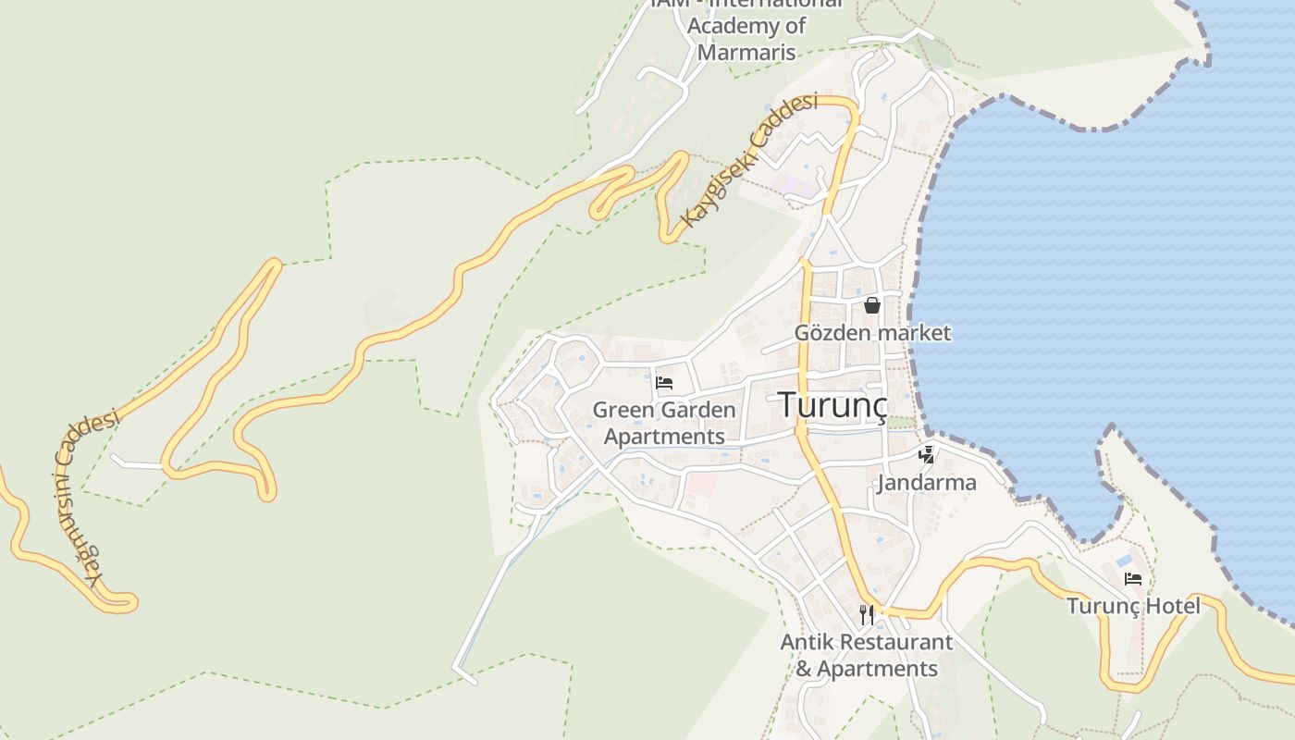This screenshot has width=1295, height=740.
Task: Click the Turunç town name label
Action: (x=832, y=404)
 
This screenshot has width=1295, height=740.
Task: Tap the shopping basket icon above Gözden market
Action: (x=871, y=304)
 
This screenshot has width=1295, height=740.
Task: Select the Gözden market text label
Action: (x=872, y=332)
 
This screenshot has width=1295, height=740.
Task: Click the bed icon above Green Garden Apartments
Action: (x=663, y=382)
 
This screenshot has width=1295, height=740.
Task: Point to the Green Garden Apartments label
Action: (x=664, y=423)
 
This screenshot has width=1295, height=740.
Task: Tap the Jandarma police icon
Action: (x=926, y=454)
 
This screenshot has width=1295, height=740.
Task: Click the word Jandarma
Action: (x=927, y=482)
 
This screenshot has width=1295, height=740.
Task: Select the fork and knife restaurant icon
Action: (x=867, y=613)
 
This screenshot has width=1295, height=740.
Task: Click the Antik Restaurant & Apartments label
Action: (x=867, y=655)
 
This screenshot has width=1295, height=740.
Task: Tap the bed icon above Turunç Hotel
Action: (x=1132, y=579)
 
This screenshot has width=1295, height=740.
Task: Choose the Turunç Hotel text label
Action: (x=1133, y=606)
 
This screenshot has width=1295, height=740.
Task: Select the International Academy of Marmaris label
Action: (x=746, y=26)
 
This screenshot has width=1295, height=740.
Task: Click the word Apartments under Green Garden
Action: (x=664, y=437)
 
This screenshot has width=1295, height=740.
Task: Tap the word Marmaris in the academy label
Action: (x=746, y=52)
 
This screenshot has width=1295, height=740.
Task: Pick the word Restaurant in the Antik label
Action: (x=889, y=642)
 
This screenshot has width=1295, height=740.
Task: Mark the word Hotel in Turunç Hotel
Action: (x=1170, y=606)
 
